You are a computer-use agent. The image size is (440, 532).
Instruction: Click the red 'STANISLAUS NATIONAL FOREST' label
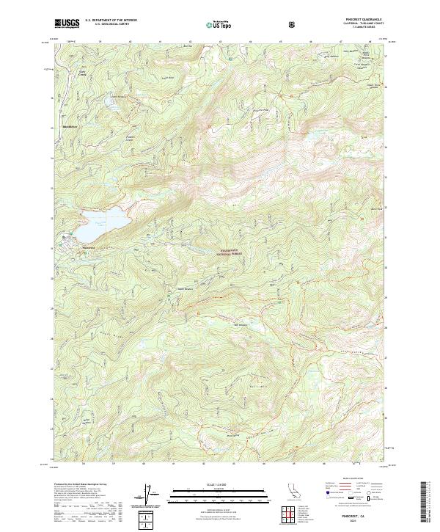(x=230, y=252)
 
